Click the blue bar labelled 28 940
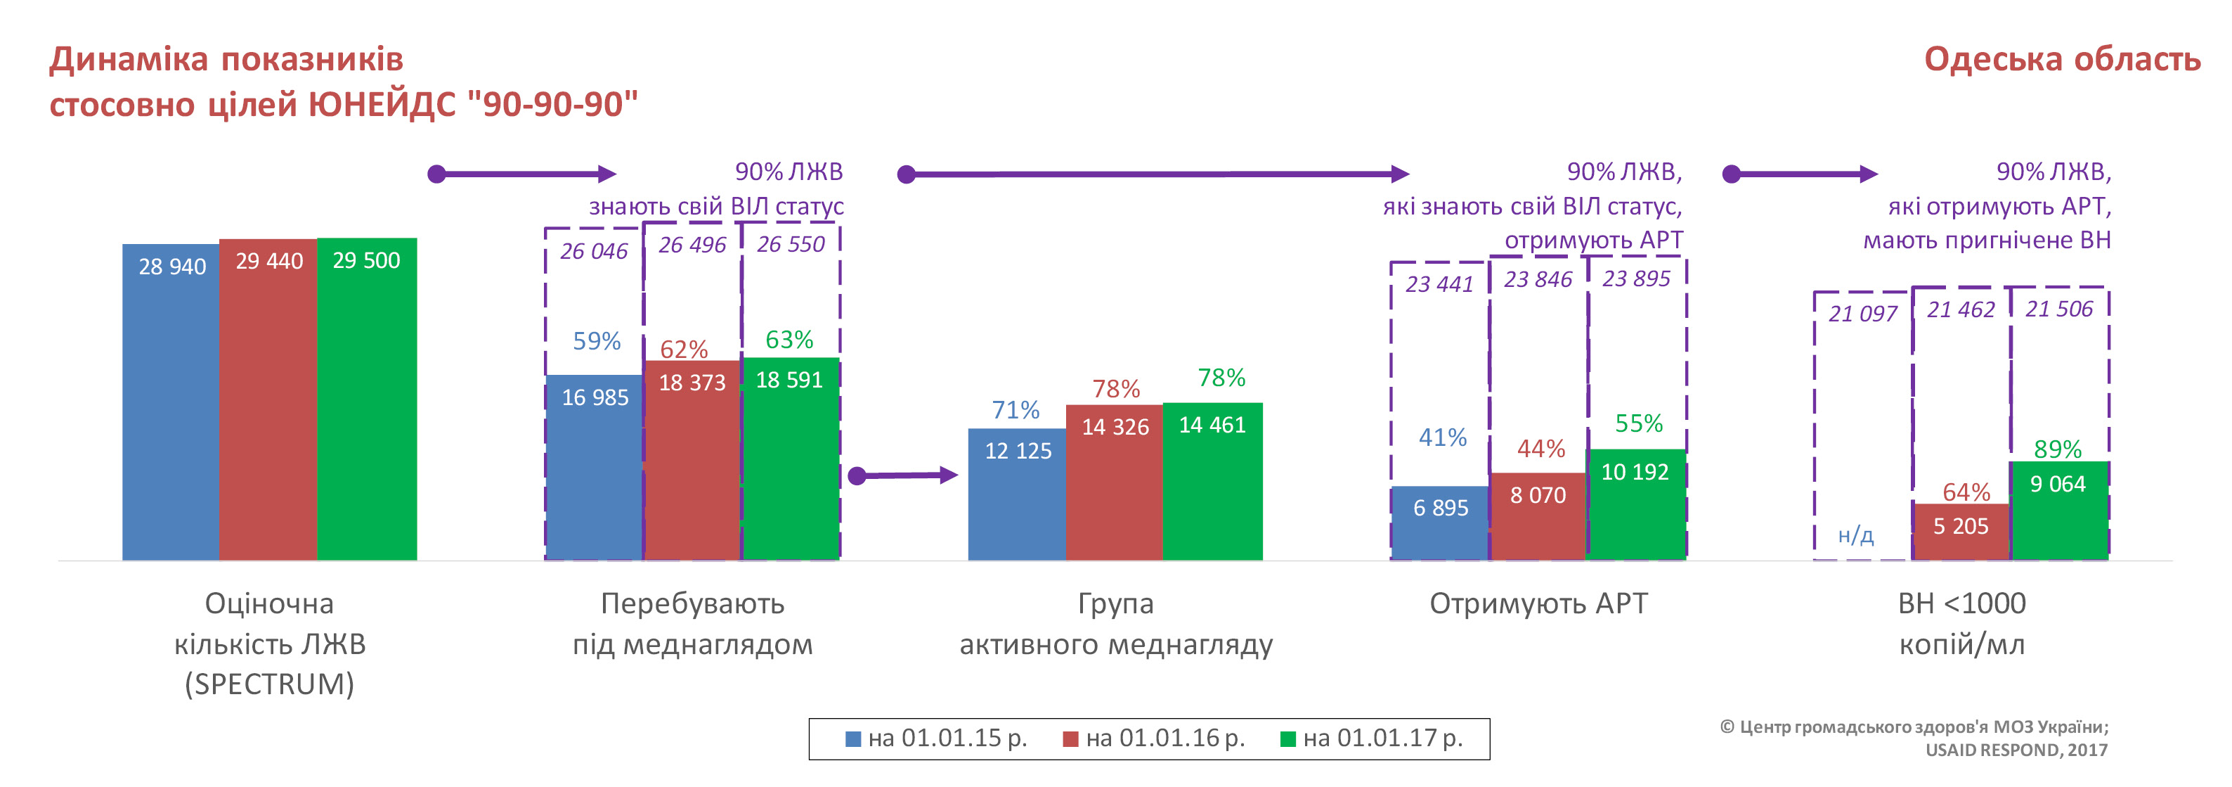click(171, 407)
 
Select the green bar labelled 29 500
click(367, 407)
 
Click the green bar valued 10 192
click(1636, 511)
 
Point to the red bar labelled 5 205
click(1961, 533)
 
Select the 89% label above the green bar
click(2058, 449)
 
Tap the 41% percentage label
click(1443, 437)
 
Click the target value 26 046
click(594, 251)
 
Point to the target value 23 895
click(1636, 279)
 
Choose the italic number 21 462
click(1961, 309)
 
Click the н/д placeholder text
click(1856, 536)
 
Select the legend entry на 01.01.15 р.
click(937, 738)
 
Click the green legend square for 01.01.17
click(1288, 739)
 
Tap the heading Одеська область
click(2061, 59)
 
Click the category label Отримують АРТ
click(1538, 603)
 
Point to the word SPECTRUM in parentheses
click(269, 684)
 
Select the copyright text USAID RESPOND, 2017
click(2016, 750)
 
